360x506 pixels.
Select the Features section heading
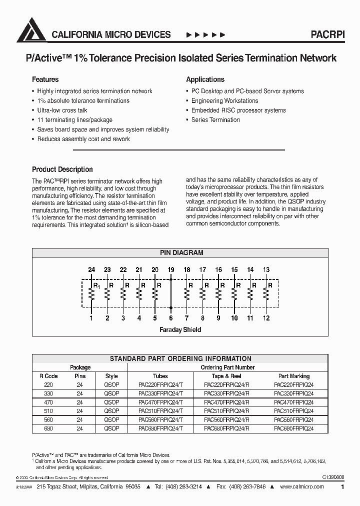coord(45,79)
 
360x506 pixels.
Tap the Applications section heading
coord(205,79)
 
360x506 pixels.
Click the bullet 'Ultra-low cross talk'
coord(62,110)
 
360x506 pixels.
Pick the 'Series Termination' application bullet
coord(215,120)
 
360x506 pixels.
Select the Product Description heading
coord(62,169)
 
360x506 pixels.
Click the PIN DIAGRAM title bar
coord(181,253)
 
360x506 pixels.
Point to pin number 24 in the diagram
coord(91,270)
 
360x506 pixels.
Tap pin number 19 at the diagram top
coord(171,270)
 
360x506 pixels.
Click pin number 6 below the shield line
coord(171,318)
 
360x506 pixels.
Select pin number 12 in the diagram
coord(266,318)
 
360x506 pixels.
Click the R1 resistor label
coord(96,286)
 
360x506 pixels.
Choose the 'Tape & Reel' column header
coord(227,376)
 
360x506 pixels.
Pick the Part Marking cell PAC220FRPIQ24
coord(294,385)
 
